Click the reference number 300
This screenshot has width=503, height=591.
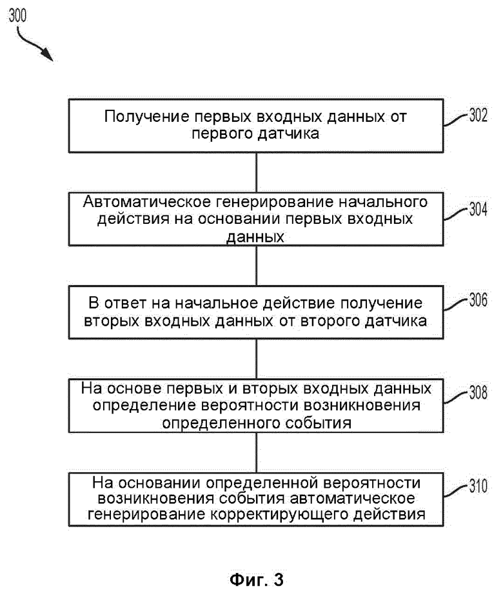[17, 15]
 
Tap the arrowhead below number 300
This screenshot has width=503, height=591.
[48, 55]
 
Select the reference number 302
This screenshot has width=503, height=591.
[478, 115]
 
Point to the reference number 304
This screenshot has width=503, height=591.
[478, 209]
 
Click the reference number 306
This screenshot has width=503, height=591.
[478, 300]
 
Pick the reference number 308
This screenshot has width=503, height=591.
[478, 393]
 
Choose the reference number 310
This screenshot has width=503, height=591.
[478, 486]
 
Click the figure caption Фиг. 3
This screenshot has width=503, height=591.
[256, 579]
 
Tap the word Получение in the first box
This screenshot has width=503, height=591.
[147, 117]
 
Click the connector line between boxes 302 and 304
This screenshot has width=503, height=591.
[257, 173]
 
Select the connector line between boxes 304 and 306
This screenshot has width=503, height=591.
[257, 266]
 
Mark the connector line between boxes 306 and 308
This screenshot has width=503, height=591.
[257, 359]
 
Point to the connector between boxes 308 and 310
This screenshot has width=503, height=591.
[257, 452]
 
